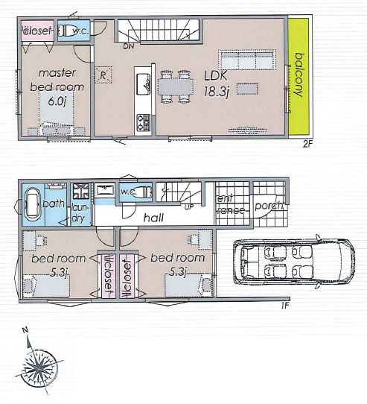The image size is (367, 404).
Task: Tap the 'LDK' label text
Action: click(217, 76)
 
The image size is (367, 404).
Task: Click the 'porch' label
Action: click(267, 205)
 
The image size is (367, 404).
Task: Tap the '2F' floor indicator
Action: click(306, 143)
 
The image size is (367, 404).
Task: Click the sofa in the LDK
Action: click(245, 60)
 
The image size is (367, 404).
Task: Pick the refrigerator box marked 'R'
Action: click(103, 75)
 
